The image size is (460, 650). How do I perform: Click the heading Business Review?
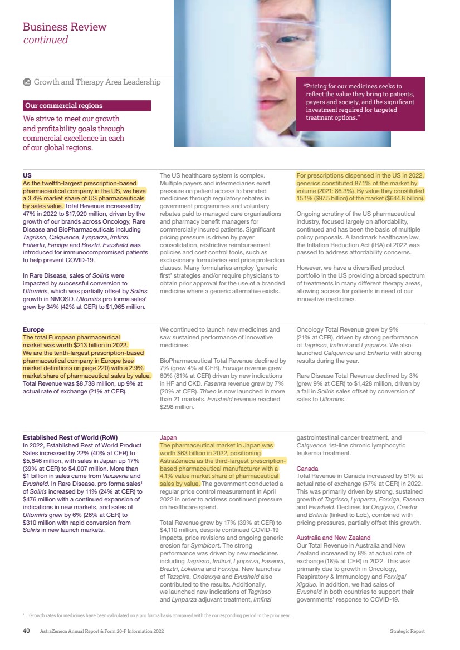tap(64, 27)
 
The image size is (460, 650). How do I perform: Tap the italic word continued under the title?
tap(45, 40)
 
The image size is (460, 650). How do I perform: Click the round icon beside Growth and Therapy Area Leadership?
tap(27, 82)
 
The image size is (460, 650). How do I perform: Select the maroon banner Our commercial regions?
tap(86, 106)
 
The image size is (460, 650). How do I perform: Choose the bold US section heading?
tap(27, 175)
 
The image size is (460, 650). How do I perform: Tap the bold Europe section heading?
tap(33, 329)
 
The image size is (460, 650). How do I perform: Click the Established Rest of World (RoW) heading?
tap(70, 437)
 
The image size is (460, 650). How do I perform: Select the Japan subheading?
tap(168, 437)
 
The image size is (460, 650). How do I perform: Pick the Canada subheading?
tap(307, 469)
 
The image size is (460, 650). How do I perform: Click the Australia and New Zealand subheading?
tap(333, 538)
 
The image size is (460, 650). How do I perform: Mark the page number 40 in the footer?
tap(26, 631)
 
